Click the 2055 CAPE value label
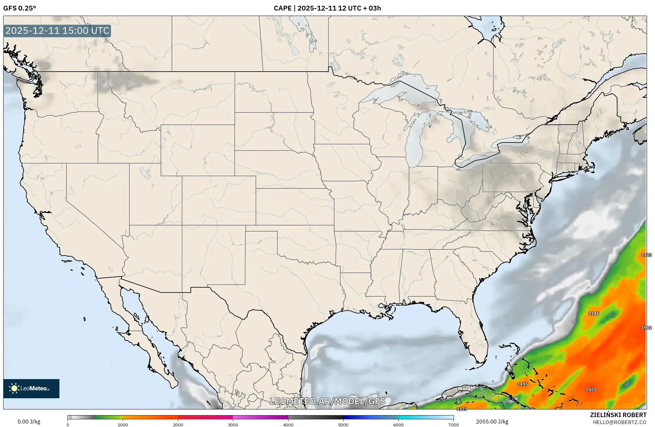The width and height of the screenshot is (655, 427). (591, 390)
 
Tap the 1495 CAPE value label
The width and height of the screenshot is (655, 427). (522, 384)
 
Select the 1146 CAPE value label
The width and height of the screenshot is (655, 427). (594, 313)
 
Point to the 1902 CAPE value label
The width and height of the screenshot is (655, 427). (646, 328)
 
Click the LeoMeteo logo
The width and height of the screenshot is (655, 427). (31, 388)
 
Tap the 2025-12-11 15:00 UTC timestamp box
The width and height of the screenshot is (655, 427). (57, 31)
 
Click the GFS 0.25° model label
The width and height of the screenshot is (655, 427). (19, 8)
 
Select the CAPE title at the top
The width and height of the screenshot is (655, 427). (327, 8)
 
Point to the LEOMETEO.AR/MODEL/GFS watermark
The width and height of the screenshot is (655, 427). (327, 401)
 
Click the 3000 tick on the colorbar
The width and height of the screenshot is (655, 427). (233, 424)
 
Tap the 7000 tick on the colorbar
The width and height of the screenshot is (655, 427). (453, 424)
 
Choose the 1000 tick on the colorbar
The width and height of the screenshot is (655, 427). (123, 424)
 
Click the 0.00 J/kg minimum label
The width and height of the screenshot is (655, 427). (29, 422)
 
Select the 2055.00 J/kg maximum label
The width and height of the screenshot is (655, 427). (492, 422)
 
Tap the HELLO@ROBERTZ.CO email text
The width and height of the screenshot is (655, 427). (620, 422)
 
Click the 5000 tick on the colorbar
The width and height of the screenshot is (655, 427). (343, 424)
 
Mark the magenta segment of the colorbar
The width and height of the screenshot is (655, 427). (260, 417)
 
